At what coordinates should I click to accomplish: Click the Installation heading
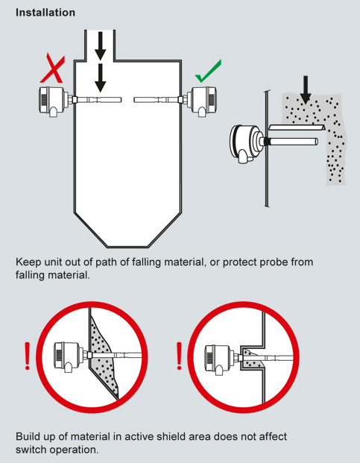tap(45, 13)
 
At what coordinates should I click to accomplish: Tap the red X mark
tap(52, 68)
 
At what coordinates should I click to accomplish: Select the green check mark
tap(208, 71)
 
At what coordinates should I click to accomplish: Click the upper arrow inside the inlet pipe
tap(101, 45)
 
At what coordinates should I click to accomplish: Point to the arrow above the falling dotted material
tap(306, 89)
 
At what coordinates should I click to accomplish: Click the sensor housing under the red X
tap(54, 101)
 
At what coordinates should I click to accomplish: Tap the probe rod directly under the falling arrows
tap(98, 100)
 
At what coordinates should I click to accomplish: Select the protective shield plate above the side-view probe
tap(297, 127)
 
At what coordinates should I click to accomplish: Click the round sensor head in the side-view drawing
tap(247, 143)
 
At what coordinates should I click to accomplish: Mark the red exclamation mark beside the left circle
tap(28, 356)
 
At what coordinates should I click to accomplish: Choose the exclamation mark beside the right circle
tap(179, 356)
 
